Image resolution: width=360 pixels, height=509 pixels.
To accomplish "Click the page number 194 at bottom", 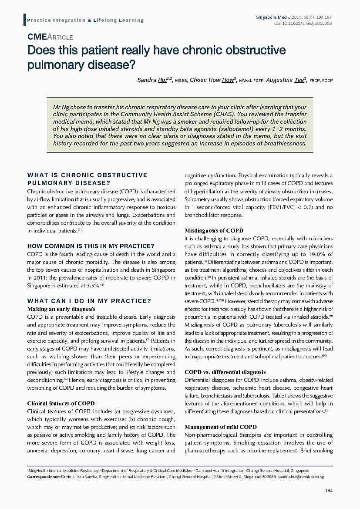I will [x=329, y=491].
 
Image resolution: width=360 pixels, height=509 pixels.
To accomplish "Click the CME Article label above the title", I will [x=50, y=37].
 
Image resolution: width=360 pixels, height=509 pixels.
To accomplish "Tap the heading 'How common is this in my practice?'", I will [x=91, y=246].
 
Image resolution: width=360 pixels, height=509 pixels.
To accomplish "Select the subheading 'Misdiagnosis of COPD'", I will [x=214, y=230].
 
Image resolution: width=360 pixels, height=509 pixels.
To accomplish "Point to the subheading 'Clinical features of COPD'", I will [x=61, y=403].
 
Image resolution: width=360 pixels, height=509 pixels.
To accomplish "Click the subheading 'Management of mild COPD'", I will [x=220, y=427].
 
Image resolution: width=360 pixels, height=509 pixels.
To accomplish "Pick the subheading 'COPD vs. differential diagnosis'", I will [x=225, y=372].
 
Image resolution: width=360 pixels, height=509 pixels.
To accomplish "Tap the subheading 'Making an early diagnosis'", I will [x=61, y=309].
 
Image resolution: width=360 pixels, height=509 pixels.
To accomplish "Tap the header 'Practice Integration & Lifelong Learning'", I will [x=85, y=20].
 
